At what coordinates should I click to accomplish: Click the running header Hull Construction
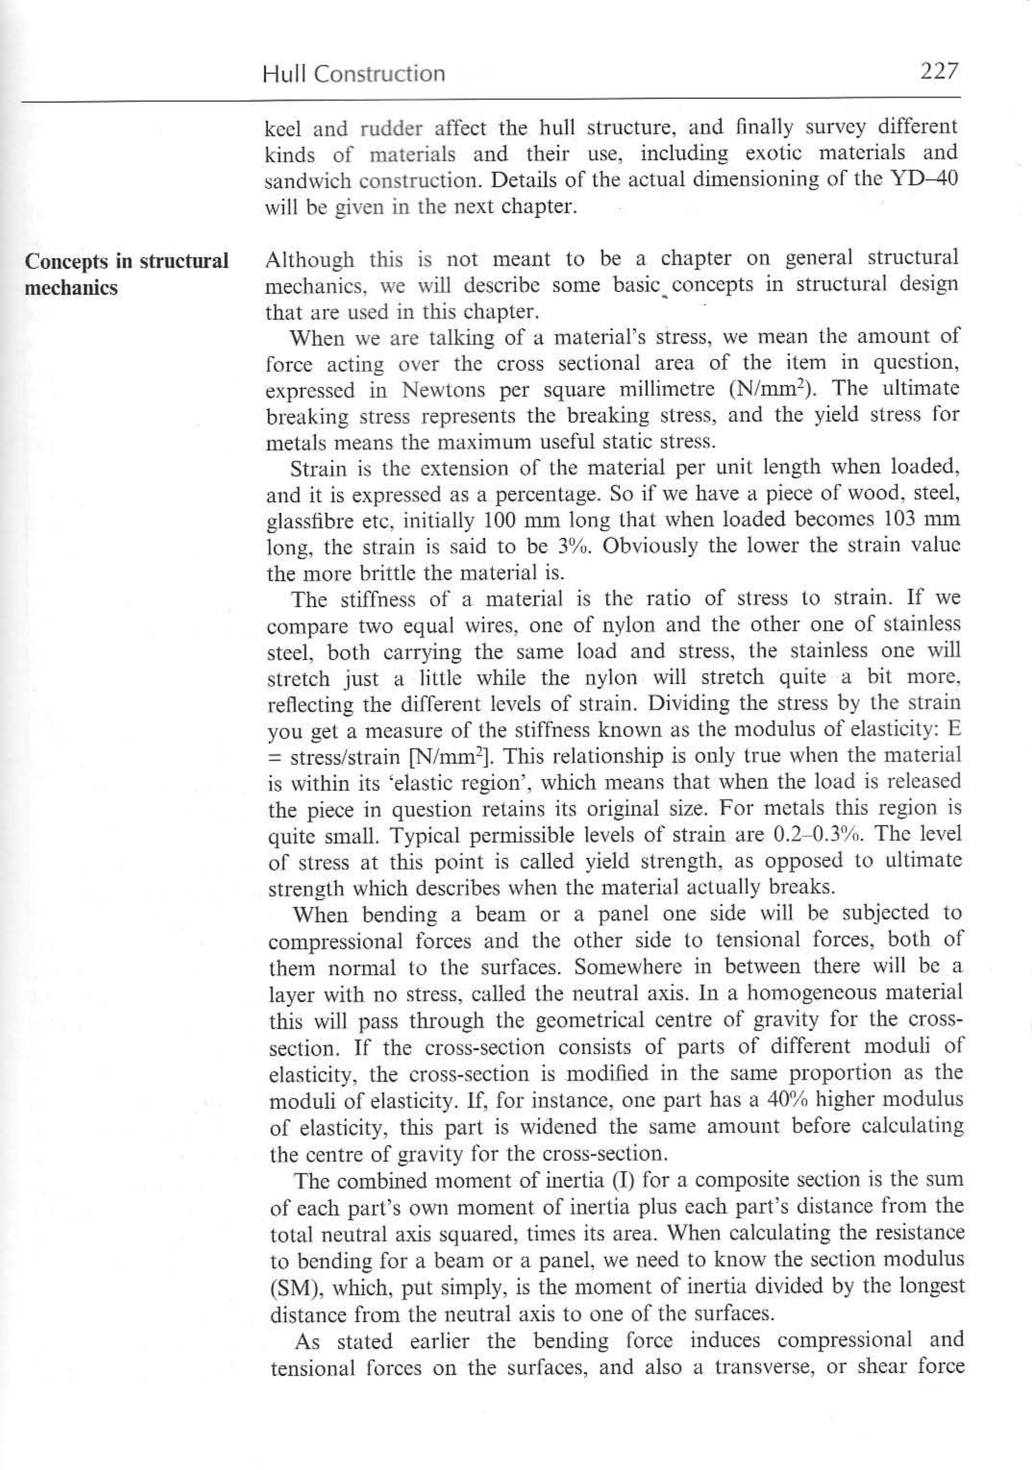click(x=353, y=74)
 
